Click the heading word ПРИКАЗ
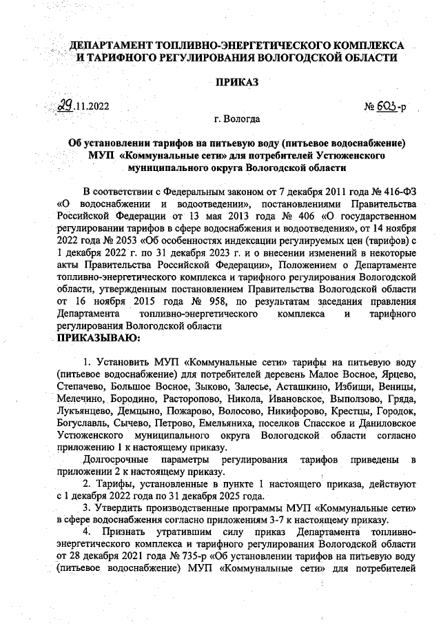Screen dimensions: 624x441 coord(237,83)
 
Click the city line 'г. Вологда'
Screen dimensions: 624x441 coord(237,119)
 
